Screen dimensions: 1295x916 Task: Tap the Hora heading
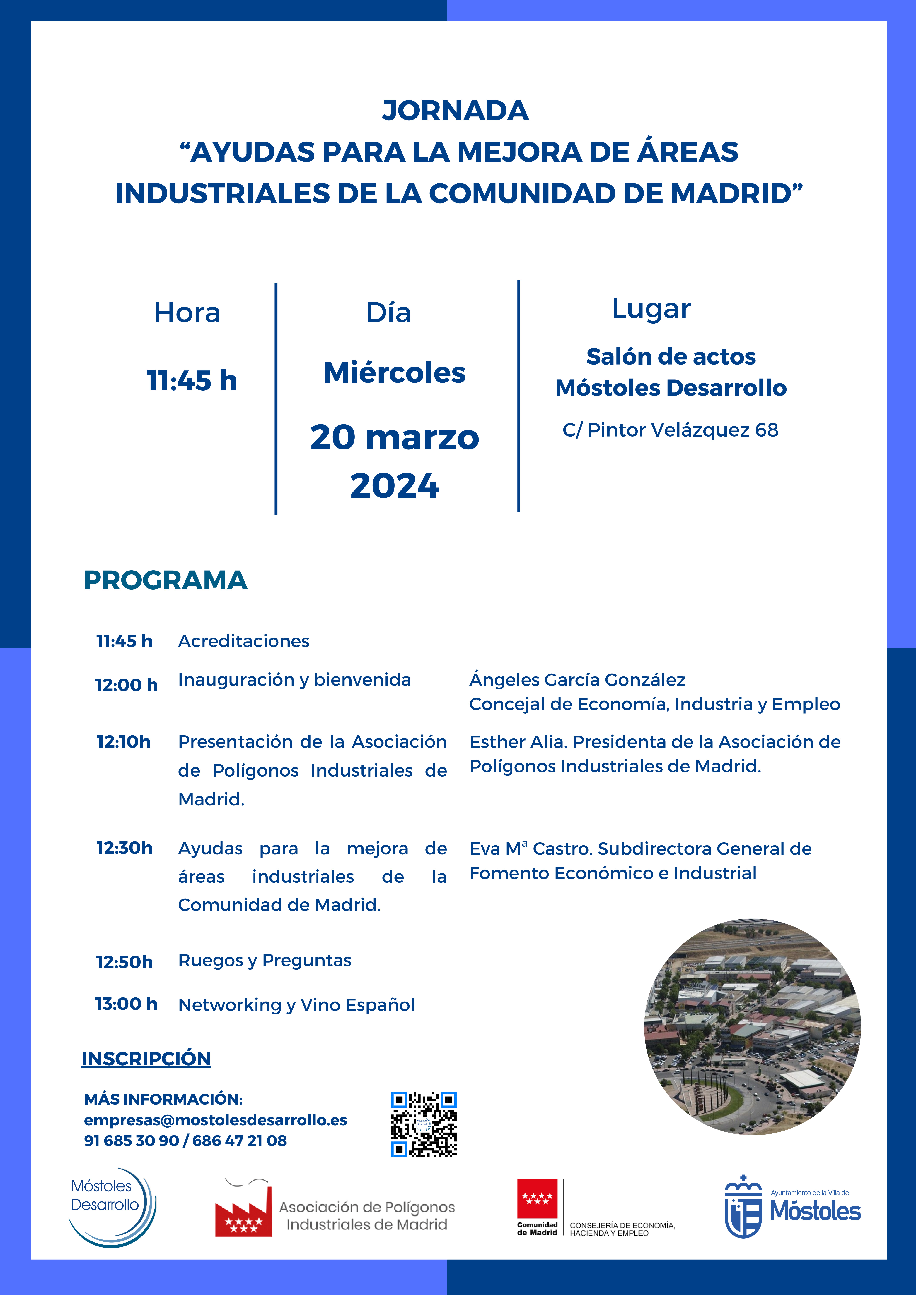187,312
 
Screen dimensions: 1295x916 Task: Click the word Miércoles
395,373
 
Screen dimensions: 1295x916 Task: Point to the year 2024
395,486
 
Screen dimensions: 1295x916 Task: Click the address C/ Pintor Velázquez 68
671,430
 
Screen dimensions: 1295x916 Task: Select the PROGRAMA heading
165,580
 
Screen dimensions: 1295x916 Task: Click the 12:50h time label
124,962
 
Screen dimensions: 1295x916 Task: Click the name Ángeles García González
577,680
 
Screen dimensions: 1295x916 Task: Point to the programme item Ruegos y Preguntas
265,961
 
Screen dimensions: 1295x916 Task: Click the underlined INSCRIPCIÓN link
146,1059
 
